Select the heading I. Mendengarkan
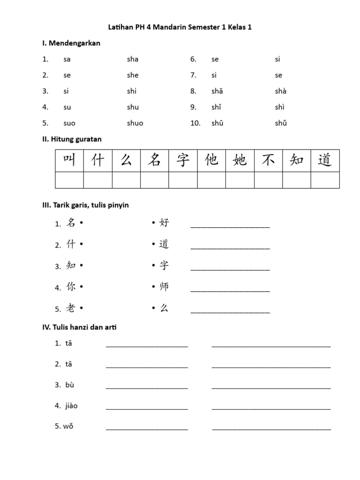[71, 43]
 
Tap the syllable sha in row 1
[133, 59]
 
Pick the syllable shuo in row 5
[135, 123]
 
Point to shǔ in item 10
[281, 123]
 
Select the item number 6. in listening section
[193, 59]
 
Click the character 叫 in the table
[69, 160]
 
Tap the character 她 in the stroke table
[240, 160]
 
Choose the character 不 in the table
[268, 160]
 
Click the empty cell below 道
[325, 180]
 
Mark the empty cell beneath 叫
[69, 180]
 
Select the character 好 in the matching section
[164, 223]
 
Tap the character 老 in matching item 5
[71, 308]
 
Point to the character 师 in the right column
[164, 286]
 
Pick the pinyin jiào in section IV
[72, 405]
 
